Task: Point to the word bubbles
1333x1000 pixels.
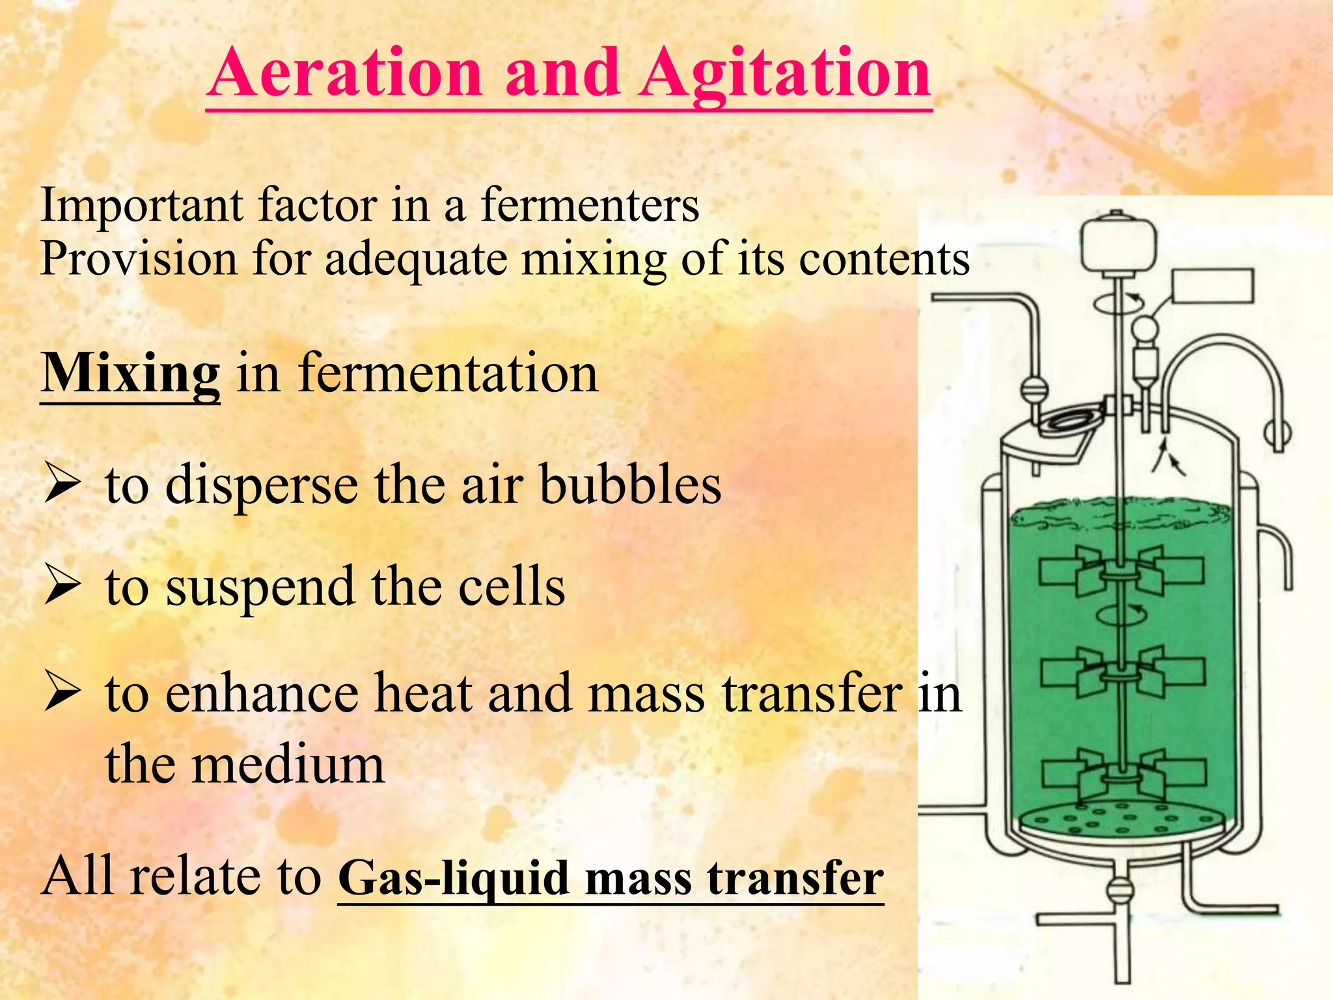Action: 631,486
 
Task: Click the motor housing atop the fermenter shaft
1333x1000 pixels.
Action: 1118,245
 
